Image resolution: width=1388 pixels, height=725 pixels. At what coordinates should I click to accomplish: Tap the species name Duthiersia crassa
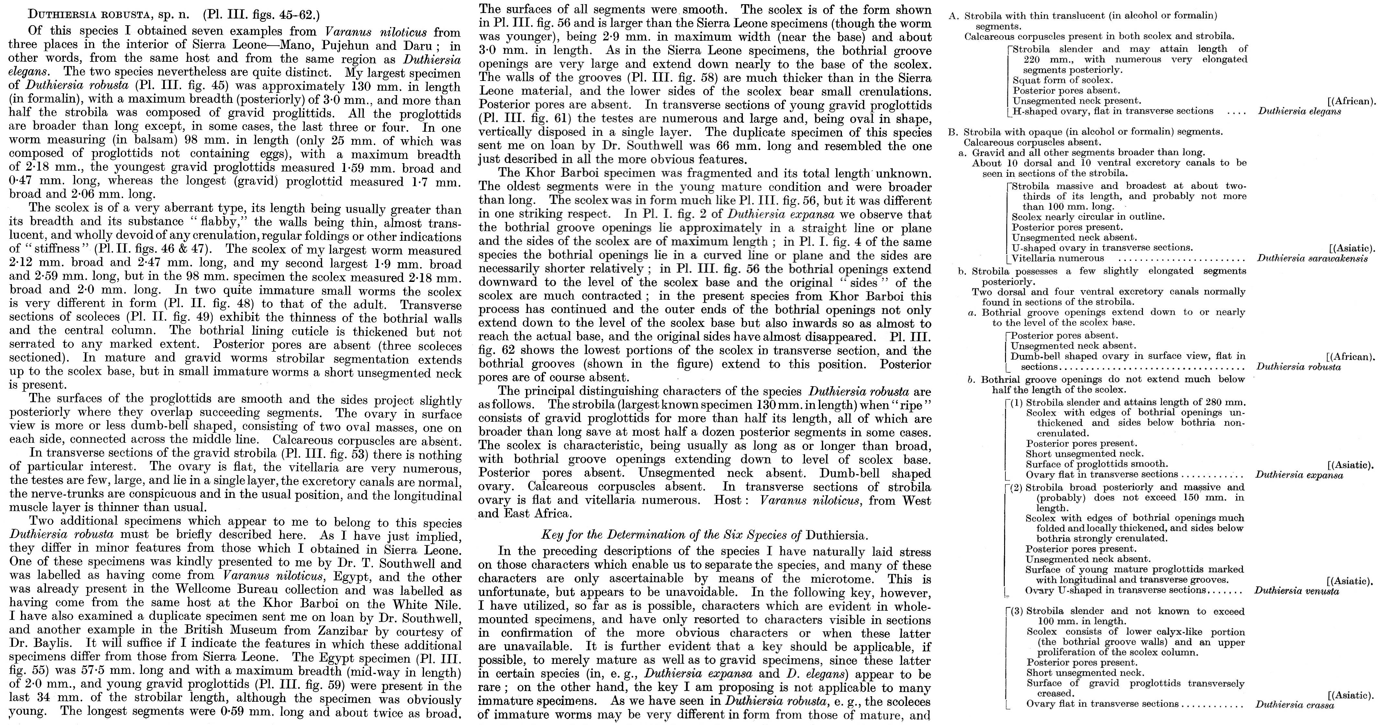(1294, 705)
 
